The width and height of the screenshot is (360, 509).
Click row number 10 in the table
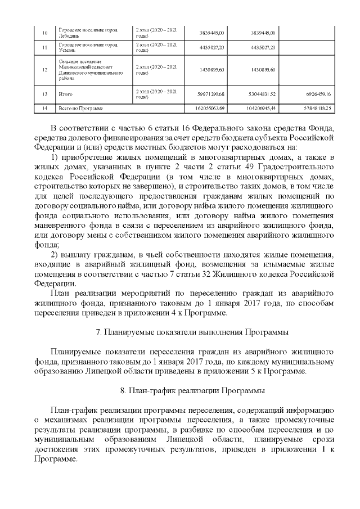pyautogui.click(x=37, y=33)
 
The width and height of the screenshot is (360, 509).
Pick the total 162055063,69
pyautogui.click(x=207, y=107)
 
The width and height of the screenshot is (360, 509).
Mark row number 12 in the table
pyautogui.click(x=37, y=70)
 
